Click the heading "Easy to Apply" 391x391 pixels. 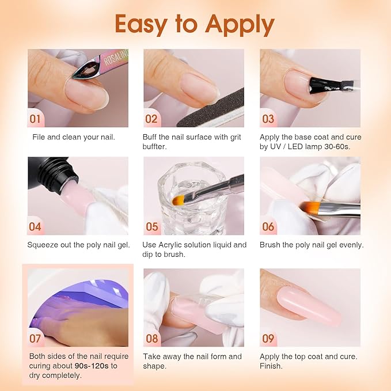tap(195, 24)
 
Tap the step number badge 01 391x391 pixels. tap(36, 119)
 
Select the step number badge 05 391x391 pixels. tap(151, 227)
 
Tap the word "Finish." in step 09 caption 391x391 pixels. tap(271, 366)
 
